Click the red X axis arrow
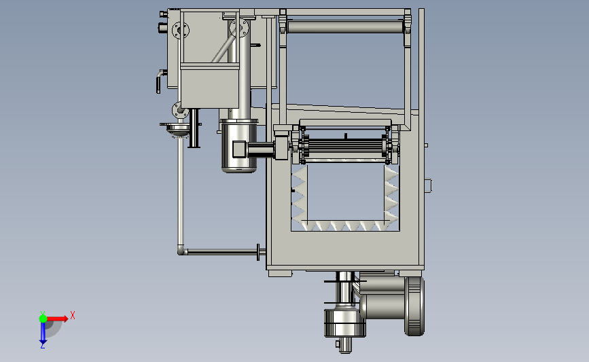(57, 319)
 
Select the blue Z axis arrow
(43, 333)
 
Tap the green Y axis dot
(43, 319)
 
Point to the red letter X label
(73, 315)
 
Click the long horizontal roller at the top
(345, 27)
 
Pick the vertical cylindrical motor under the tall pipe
(239, 146)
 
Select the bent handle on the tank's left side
(160, 81)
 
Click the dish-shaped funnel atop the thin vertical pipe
(178, 128)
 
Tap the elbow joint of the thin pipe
(182, 250)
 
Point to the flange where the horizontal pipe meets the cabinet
(258, 251)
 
